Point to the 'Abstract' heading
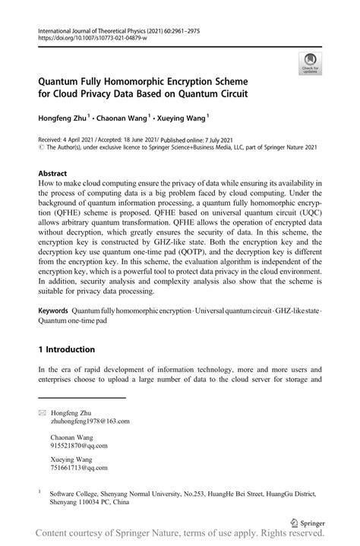(x=55, y=172)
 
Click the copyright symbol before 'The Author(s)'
(x=40, y=148)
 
